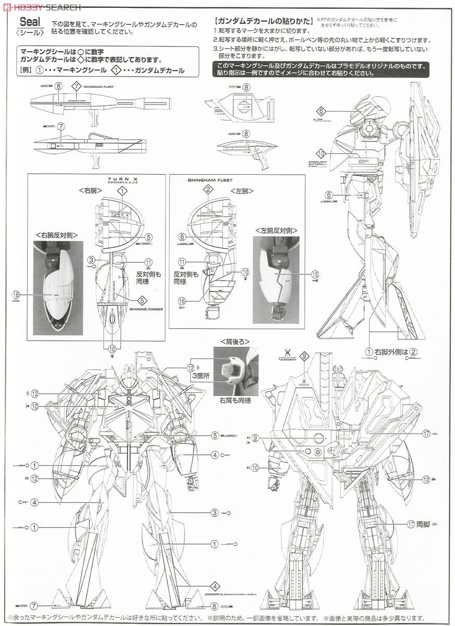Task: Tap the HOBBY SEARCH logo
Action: click(x=42, y=7)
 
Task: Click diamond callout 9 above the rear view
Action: click(x=305, y=356)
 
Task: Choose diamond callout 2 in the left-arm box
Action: click(x=208, y=189)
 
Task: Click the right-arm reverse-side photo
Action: click(x=58, y=288)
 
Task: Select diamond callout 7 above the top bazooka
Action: click(x=76, y=87)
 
